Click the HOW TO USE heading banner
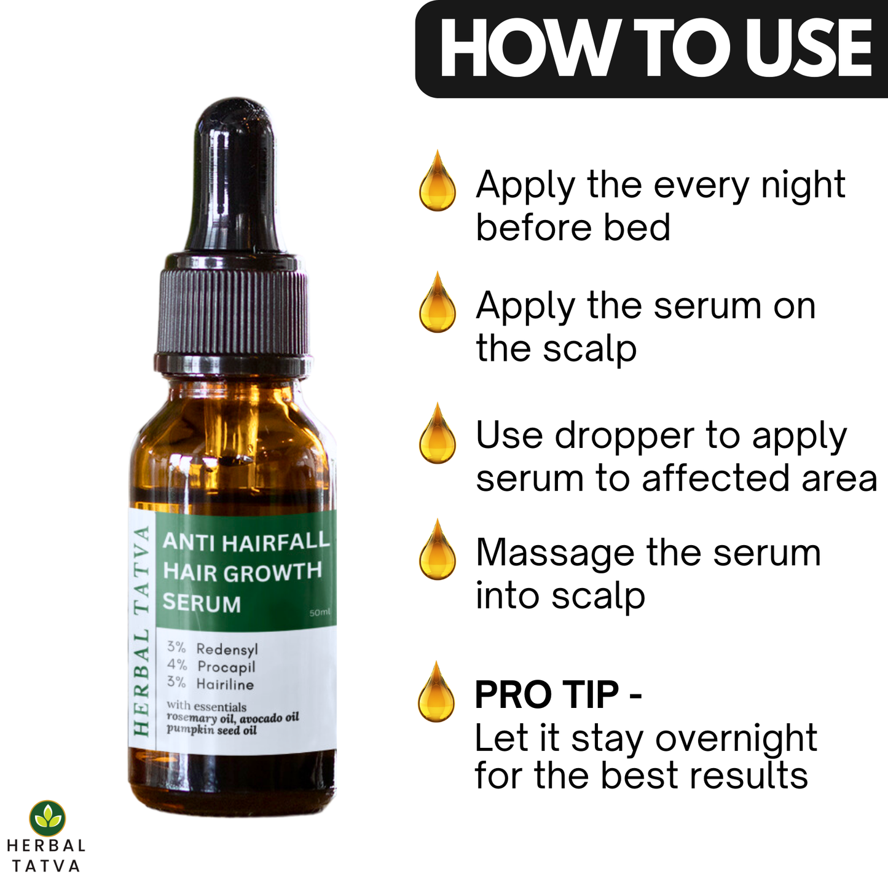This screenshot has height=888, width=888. (651, 49)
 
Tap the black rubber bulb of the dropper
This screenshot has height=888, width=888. (235, 175)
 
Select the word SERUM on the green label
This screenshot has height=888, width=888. (202, 603)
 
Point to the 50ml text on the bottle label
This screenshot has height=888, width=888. (320, 613)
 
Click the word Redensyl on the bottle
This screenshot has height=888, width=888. (227, 649)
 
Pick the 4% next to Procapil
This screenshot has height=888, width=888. (177, 665)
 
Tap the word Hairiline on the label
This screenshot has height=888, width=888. (225, 685)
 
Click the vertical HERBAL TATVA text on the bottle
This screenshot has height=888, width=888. (141, 631)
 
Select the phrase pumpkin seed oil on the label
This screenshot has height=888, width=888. (211, 731)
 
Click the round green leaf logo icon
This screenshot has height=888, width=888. (47, 819)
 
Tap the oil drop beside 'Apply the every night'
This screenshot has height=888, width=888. (438, 181)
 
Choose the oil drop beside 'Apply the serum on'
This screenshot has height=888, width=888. (438, 302)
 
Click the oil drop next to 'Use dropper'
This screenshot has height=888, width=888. (438, 433)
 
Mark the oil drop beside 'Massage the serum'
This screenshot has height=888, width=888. (438, 549)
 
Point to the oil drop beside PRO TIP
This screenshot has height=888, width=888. (436, 691)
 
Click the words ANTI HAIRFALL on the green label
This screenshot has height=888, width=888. (246, 542)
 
